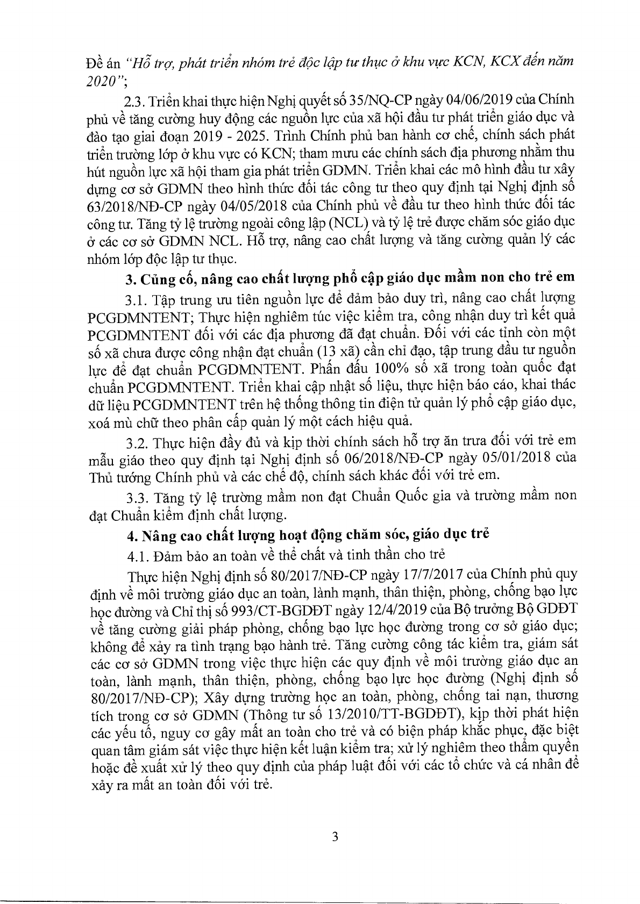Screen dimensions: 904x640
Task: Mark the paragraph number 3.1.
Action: (135, 298)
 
